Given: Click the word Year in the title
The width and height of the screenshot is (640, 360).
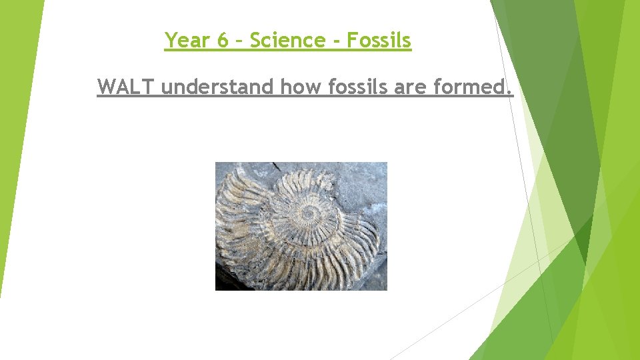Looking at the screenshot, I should [187, 41].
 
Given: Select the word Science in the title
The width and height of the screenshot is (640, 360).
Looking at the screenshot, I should [288, 41].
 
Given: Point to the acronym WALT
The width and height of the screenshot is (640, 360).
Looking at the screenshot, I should [126, 87].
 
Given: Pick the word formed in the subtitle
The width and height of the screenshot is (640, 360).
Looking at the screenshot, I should [471, 87].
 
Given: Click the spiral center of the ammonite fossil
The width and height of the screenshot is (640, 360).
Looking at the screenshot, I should [309, 213].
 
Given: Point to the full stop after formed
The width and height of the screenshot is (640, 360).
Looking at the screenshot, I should [511, 93].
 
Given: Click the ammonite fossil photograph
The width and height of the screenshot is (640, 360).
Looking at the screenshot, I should [301, 226].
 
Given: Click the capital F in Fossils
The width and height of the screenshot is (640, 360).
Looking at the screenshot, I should [352, 41].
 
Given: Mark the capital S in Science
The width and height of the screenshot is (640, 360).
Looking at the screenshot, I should [256, 41].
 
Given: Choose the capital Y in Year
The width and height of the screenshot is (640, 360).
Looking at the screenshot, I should [171, 41].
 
